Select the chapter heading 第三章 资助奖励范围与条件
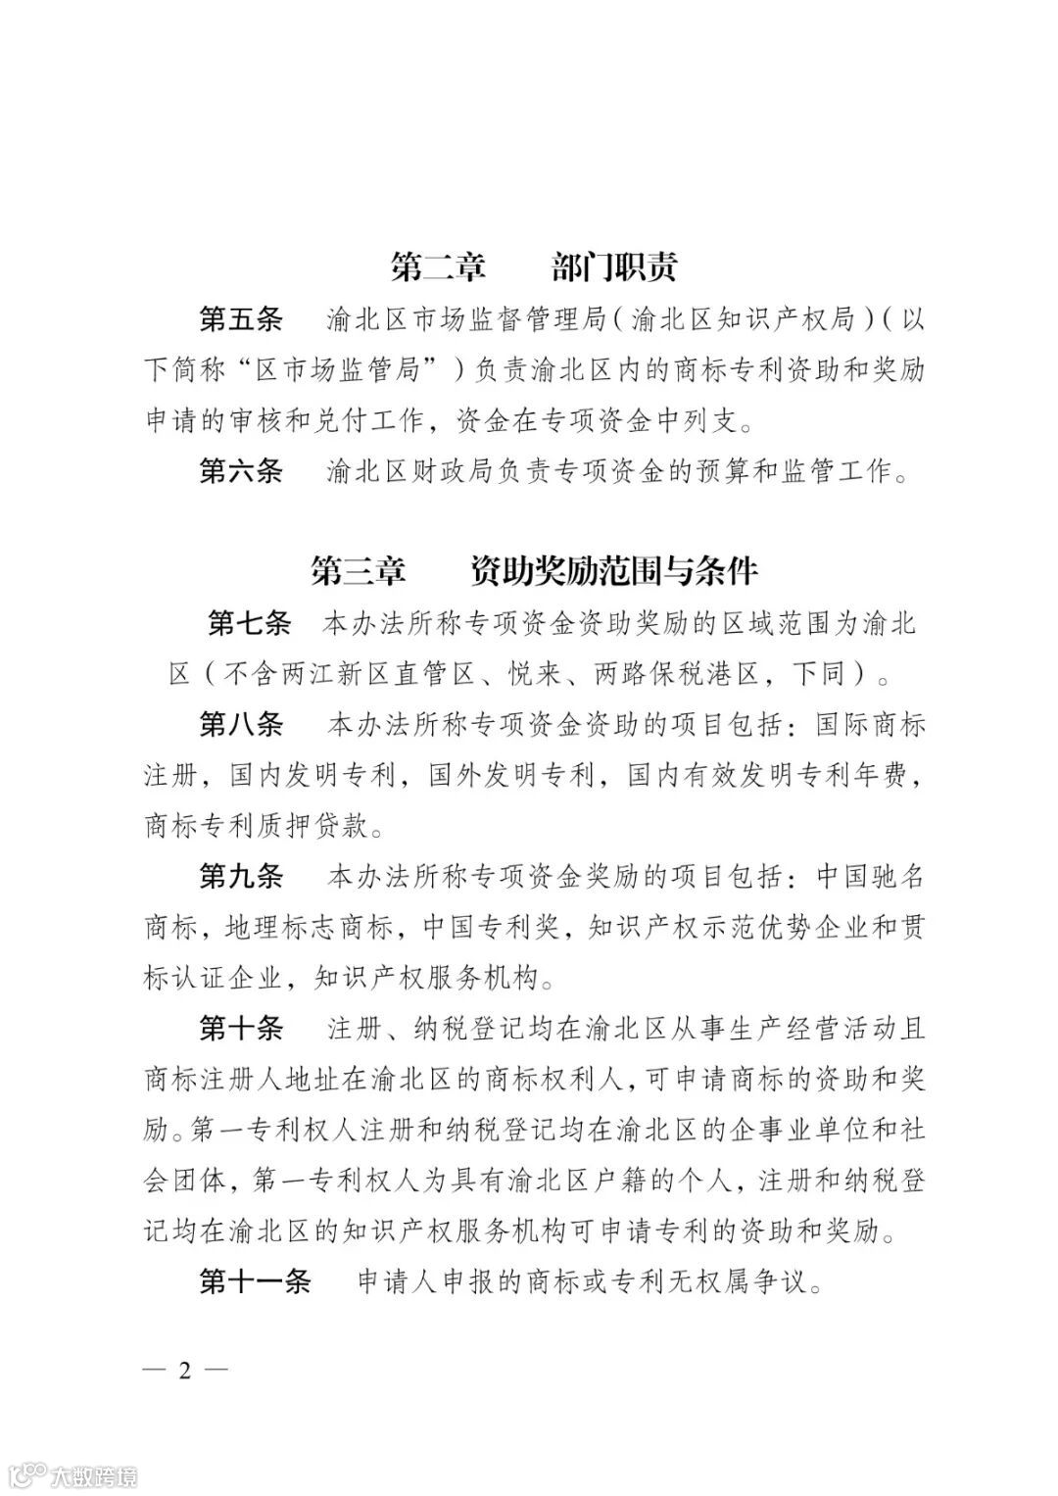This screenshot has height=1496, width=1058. coord(534,570)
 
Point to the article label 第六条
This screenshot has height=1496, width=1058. coord(241,471)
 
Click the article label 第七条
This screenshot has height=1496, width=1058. coord(250,623)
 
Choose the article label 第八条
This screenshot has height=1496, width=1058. coord(241,725)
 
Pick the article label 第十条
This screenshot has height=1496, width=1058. coord(241,1029)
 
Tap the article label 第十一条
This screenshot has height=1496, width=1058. coord(255,1280)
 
